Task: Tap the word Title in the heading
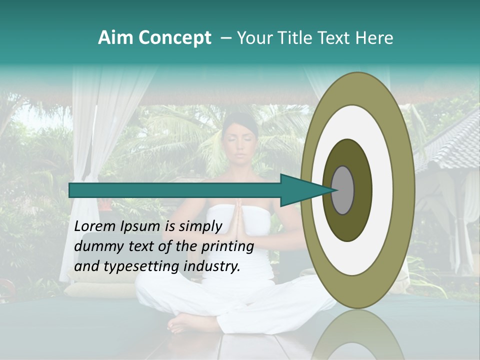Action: tap(302, 38)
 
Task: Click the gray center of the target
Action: tap(342, 190)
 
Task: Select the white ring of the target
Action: tap(382, 190)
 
